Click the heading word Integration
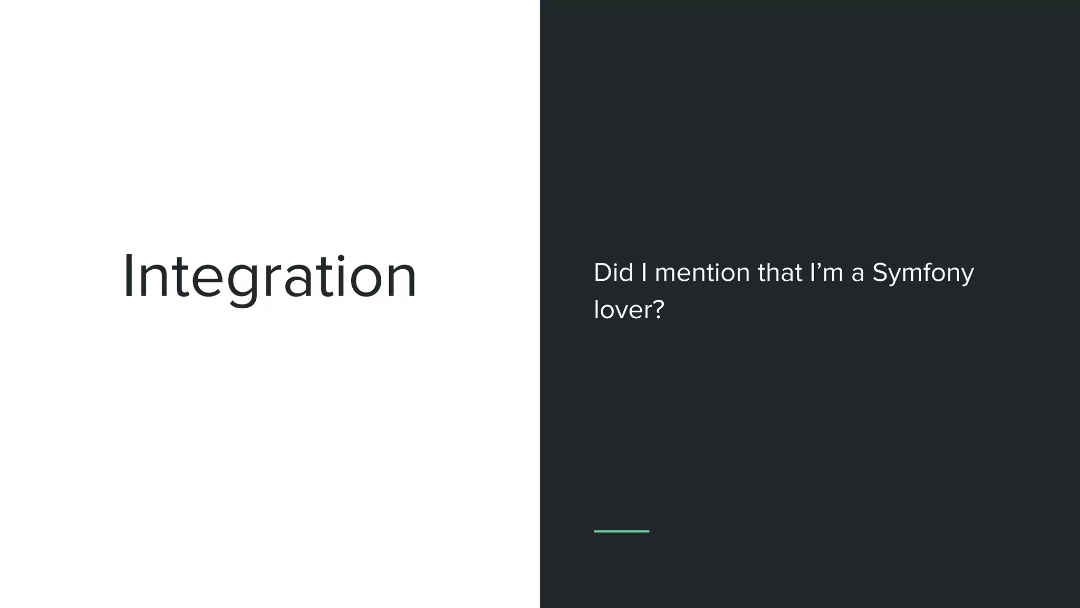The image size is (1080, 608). pos(270,277)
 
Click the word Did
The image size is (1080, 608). pos(613,273)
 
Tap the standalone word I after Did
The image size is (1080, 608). pos(644,273)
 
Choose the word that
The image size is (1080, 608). pos(780,273)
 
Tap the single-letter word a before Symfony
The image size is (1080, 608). pos(857,275)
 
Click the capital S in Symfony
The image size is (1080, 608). pos(881,273)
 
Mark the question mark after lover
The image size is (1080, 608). pos(659,309)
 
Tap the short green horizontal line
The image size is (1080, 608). pos(621,531)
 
